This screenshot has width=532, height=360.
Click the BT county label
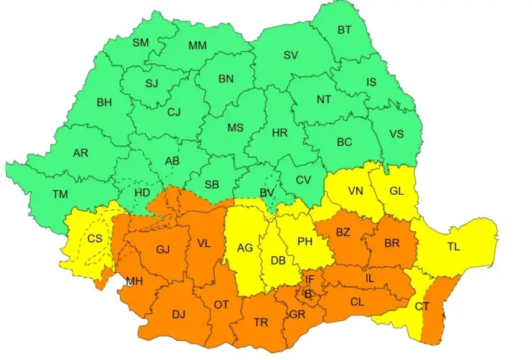tap(345, 31)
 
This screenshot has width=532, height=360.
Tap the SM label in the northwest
tap(141, 43)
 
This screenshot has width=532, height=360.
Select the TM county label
tap(60, 194)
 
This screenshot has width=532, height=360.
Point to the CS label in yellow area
tap(95, 238)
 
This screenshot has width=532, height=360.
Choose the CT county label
tap(422, 306)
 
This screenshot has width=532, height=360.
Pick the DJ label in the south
tap(178, 313)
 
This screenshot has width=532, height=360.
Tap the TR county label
tap(261, 323)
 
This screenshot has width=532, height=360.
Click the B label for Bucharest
tap(308, 294)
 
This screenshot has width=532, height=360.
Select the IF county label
tap(310, 280)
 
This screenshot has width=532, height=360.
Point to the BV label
tap(267, 193)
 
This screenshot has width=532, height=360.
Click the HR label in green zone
tap(280, 132)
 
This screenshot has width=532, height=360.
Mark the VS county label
tap(396, 133)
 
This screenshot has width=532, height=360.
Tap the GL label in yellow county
tap(396, 191)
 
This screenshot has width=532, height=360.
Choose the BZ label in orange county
tap(342, 230)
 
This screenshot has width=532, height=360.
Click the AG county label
tap(245, 248)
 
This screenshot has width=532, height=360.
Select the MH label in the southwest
tap(135, 281)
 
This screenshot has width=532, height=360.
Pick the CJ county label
tap(174, 112)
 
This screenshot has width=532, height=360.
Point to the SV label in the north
tap(290, 55)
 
